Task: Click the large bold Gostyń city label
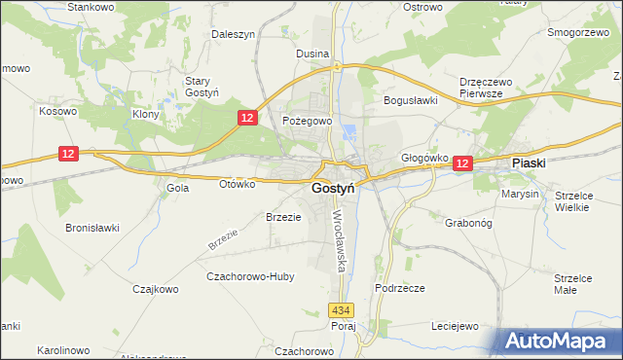[333, 188]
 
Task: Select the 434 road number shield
[339, 310]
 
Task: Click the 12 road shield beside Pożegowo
[248, 117]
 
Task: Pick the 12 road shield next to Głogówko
[461, 165]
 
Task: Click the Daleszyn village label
[233, 34]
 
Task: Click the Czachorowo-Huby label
[250, 276]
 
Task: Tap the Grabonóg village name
[444, 221]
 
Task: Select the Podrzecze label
[399, 288]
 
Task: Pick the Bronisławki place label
[92, 228]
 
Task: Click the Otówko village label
[237, 183]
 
